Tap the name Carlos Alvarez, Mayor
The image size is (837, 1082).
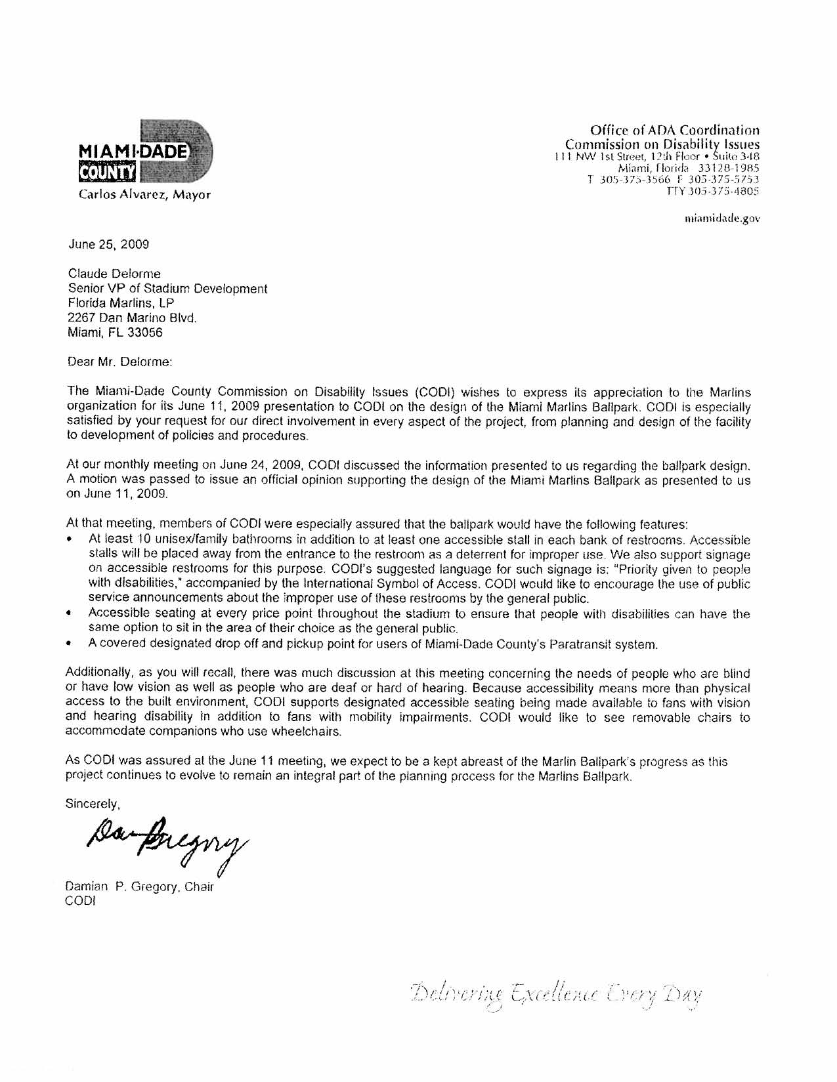point(145,195)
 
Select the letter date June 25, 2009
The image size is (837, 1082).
point(109,245)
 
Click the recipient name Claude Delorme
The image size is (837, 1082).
point(114,274)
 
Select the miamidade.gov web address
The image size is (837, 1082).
point(721,218)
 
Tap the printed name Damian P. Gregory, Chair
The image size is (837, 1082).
point(140,887)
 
